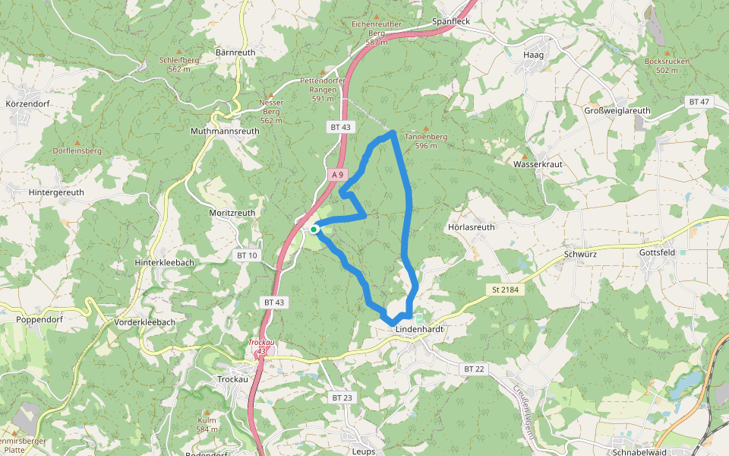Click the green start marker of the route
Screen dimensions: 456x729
click(314, 228)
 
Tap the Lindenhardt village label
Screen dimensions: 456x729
click(419, 329)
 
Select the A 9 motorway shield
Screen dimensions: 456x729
click(339, 175)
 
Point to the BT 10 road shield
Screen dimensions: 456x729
click(248, 255)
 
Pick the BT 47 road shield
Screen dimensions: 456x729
click(699, 102)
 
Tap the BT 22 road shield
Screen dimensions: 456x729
click(473, 369)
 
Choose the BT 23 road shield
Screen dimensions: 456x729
click(342, 397)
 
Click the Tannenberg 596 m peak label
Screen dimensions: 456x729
click(426, 141)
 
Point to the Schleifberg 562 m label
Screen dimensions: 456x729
click(179, 64)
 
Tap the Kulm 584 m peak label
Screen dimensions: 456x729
click(207, 425)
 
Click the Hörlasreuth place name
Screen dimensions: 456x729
click(472, 227)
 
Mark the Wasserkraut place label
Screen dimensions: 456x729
click(537, 164)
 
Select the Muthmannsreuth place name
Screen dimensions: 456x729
click(225, 131)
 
